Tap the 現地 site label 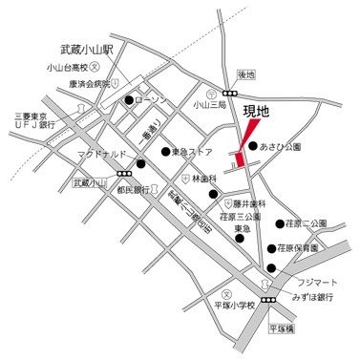(258, 111)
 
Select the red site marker (244, 144)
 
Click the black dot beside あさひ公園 (252, 147)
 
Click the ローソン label (151, 98)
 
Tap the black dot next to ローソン (128, 98)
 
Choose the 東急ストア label (192, 151)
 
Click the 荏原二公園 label (307, 223)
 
